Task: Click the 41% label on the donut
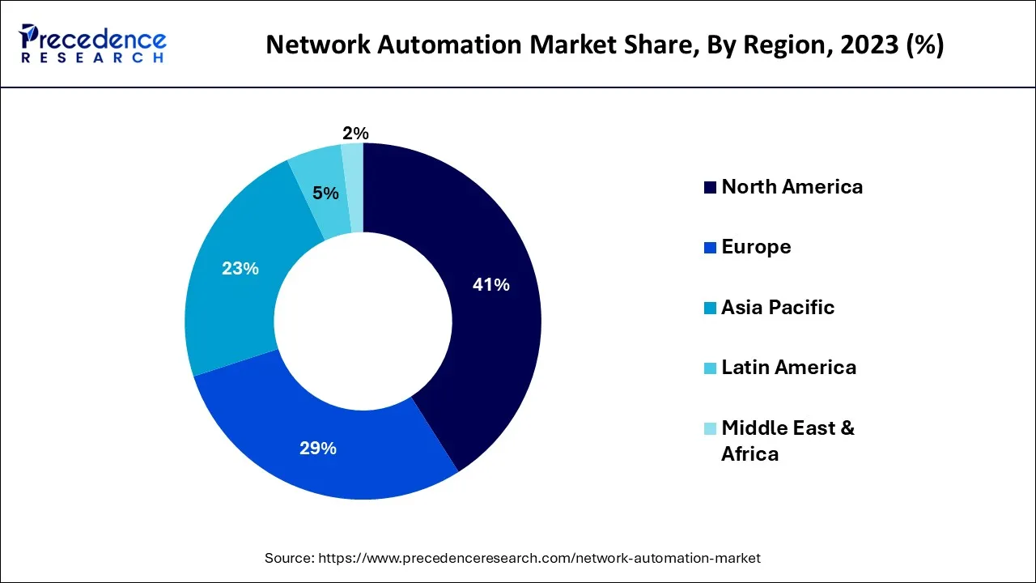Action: coord(490,285)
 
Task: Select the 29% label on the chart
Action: coord(318,448)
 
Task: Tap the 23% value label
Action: coord(240,269)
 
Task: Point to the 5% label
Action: coord(325,194)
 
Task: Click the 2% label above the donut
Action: coord(355,134)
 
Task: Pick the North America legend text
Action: coord(792,187)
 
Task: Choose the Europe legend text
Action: coord(756,247)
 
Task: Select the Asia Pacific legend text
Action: coord(778,308)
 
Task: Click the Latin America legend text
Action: coord(788,368)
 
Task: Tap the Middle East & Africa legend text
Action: coord(787,440)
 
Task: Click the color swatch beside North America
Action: coord(710,188)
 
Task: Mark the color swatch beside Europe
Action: coord(710,248)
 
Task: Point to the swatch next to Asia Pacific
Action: coord(710,309)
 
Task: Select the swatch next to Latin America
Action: coord(710,368)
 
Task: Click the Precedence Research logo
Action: coord(94,44)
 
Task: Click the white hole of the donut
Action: coord(363,321)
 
